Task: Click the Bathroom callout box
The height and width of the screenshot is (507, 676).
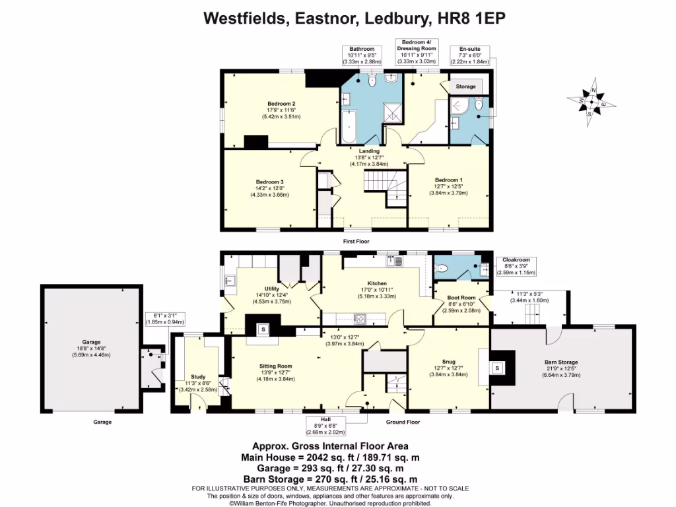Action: point(362,55)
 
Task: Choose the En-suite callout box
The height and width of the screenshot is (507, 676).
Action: point(470,55)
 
